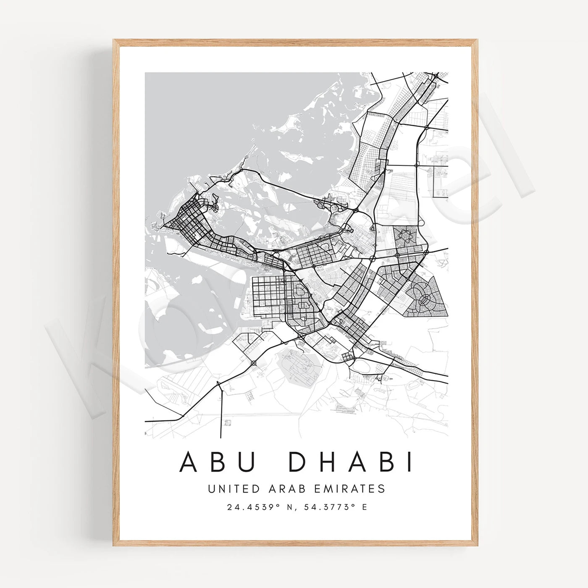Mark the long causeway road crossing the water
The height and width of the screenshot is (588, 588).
tap(290, 189)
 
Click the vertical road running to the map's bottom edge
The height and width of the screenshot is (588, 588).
tap(220, 412)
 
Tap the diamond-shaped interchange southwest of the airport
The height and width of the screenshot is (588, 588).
tap(254, 362)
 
